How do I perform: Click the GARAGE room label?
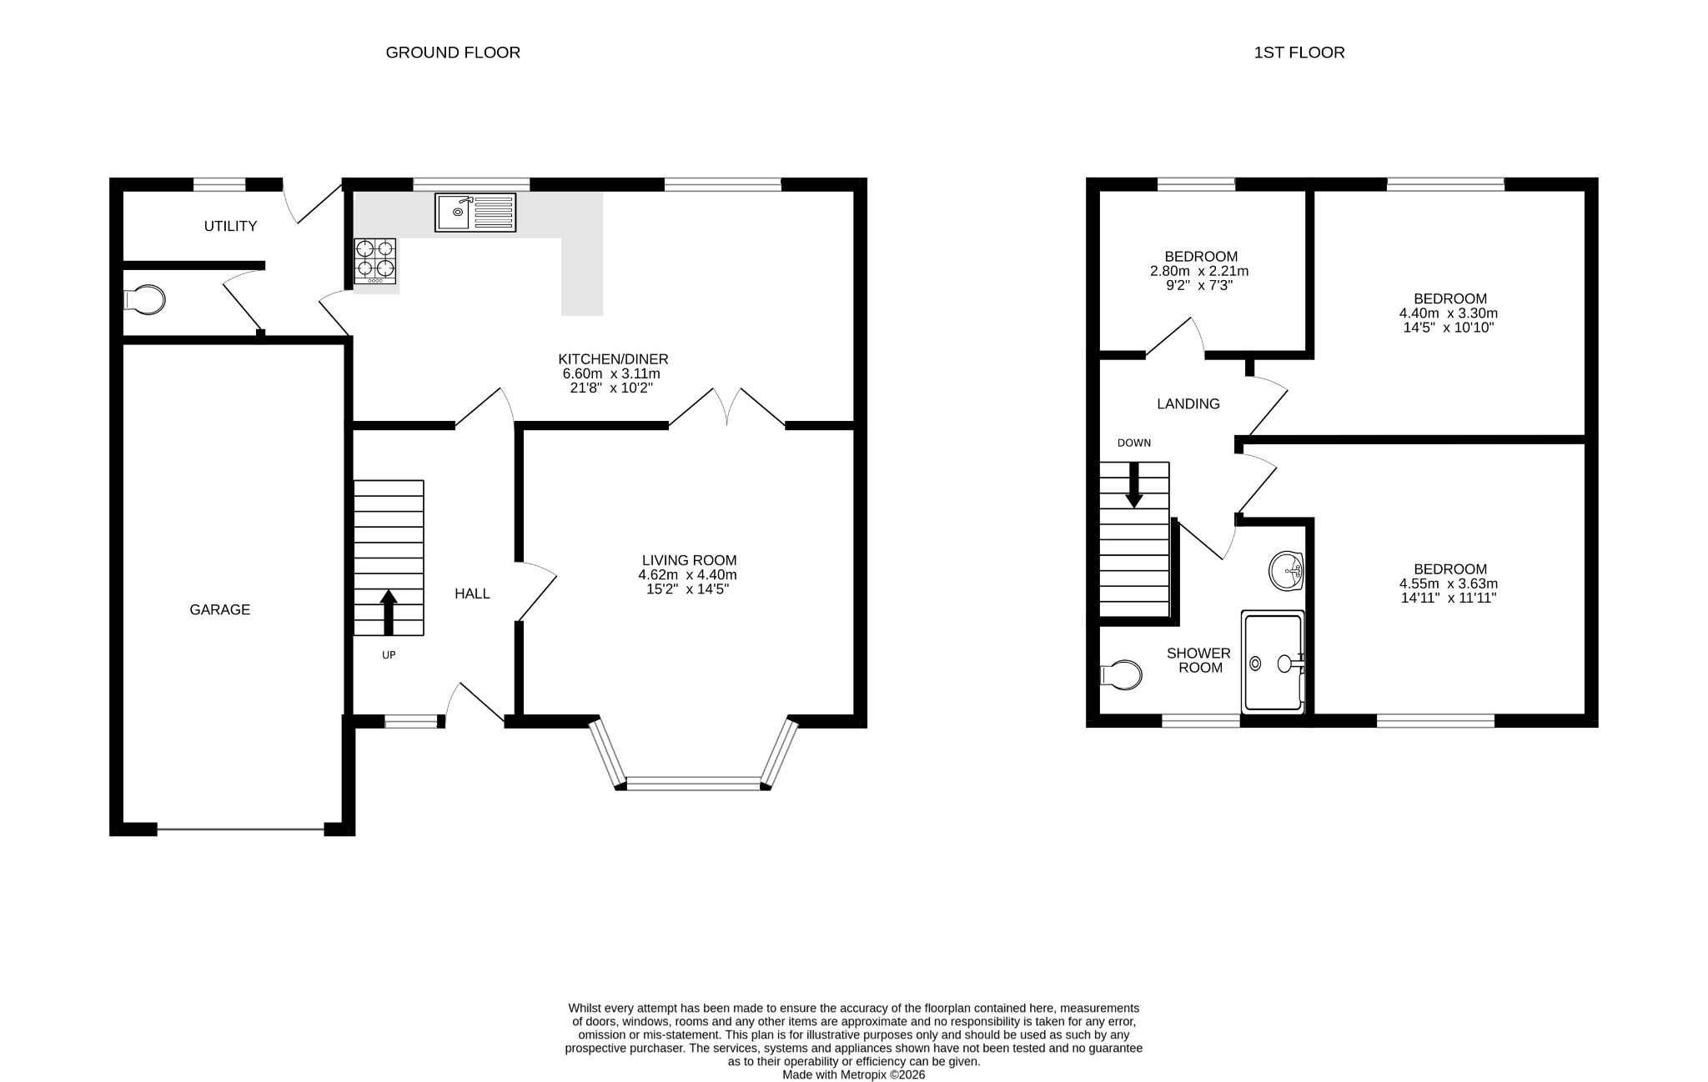coord(219,609)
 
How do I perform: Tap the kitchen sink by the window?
coord(475,212)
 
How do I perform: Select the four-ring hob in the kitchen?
coord(374,261)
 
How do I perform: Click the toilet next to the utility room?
coord(143,300)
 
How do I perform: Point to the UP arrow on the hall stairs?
coord(388,613)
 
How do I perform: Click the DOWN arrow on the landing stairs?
coord(1134,484)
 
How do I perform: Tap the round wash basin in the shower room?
coord(1286,571)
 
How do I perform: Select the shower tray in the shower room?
coord(1273,663)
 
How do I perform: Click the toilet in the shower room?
coord(1120,674)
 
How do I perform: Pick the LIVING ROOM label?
coord(689,560)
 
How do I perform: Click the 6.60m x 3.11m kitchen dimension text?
coord(613,373)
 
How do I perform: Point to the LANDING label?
coord(1188,403)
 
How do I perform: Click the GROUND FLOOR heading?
coord(453,53)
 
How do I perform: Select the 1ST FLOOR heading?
coord(1299,53)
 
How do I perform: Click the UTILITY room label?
coord(230,226)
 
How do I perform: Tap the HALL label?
coord(472,594)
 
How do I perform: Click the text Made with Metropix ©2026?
coord(854,1074)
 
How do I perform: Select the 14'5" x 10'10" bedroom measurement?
coord(1449,328)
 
